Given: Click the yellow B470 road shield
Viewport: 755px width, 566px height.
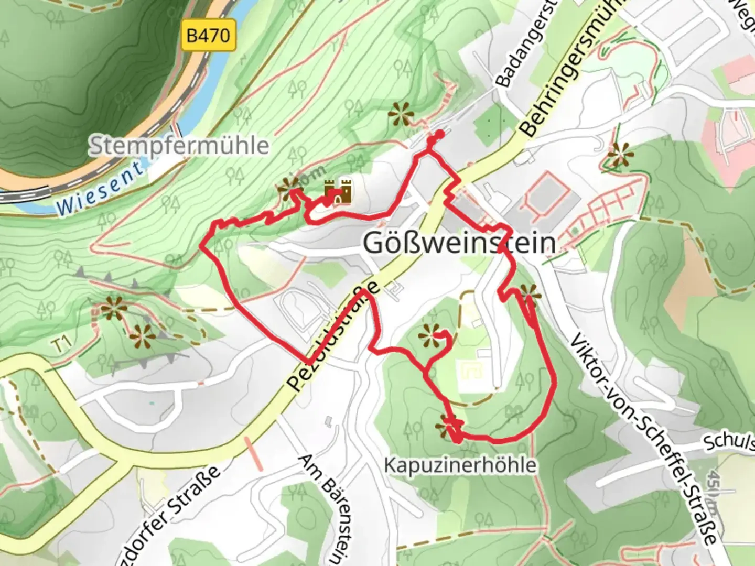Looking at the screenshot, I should pos(208,36).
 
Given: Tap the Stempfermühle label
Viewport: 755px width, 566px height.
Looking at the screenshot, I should pos(179,145).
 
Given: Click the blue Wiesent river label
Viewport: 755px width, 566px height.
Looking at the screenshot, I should pos(100,189).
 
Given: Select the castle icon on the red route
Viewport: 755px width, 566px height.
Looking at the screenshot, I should pos(338,192).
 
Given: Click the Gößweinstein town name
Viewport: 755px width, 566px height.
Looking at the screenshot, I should pos(459,243).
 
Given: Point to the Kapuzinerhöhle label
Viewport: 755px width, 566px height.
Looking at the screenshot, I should pos(460,465).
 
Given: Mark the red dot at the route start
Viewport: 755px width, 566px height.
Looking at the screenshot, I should pos(438,135).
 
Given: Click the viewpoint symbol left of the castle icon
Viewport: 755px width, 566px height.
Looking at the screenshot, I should pos(289,184).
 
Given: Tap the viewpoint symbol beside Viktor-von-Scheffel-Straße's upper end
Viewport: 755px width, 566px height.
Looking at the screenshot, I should pos(528,295).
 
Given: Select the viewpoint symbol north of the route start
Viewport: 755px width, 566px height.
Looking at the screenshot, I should pos(401,114).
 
